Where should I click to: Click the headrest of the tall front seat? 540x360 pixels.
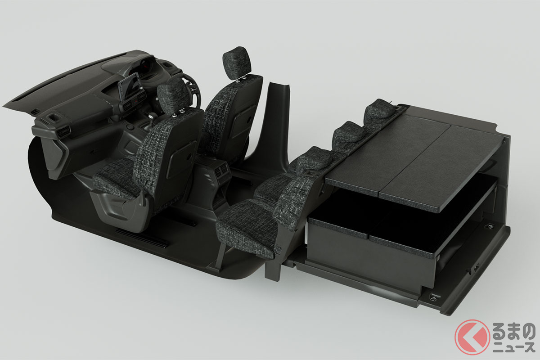pos(237,62)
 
